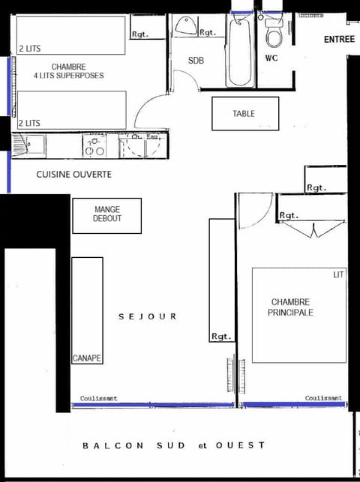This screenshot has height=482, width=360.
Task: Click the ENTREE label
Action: [x=339, y=40]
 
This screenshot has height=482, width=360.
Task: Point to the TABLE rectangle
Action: [x=245, y=114]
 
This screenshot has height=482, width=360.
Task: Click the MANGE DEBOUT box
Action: [x=106, y=214]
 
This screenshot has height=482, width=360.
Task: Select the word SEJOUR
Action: [x=148, y=316]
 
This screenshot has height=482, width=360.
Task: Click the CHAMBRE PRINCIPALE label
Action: [x=290, y=307]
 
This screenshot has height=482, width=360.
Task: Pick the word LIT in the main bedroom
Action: [x=338, y=275]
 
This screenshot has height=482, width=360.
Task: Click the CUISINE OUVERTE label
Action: [x=73, y=174]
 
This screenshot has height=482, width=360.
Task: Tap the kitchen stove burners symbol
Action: [x=95, y=147]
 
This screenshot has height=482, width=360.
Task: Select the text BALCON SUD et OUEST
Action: [x=173, y=445]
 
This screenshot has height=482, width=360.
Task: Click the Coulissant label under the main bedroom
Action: [x=323, y=398]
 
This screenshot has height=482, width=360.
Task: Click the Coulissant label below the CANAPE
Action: [x=99, y=398]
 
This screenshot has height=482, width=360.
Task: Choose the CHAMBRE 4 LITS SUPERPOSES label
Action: [x=68, y=70]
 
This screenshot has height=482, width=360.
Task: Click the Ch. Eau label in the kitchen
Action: [x=145, y=137]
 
